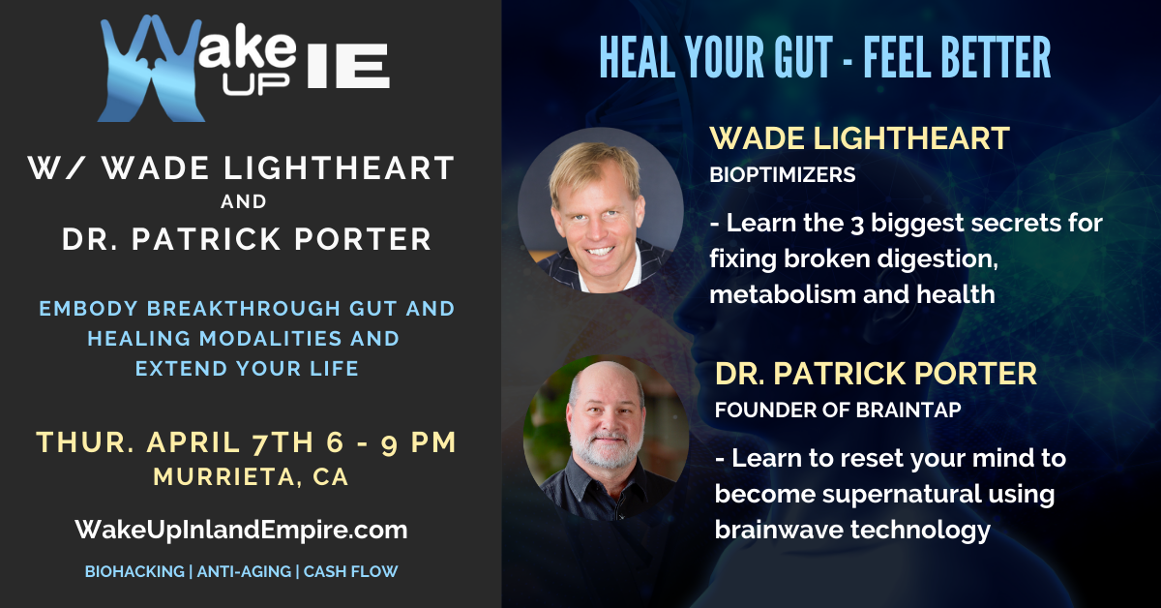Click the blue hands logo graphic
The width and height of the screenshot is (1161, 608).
click(x=150, y=69)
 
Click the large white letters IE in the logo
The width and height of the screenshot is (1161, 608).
click(x=347, y=66)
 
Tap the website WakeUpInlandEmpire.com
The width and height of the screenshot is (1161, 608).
click(x=242, y=531)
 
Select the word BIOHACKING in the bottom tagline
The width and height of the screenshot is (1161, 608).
click(x=134, y=571)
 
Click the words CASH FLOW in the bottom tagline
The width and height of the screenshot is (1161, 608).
click(x=351, y=571)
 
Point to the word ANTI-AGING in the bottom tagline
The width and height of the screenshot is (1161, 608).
click(x=244, y=571)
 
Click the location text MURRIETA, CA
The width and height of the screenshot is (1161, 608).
click(x=251, y=477)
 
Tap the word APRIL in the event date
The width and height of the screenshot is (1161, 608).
click(x=193, y=442)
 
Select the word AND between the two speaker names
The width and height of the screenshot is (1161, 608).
click(x=244, y=201)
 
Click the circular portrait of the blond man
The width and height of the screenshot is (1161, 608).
click(x=601, y=210)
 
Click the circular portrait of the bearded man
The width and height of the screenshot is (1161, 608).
click(x=606, y=439)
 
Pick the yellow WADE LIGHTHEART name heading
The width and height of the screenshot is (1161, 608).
click(x=860, y=138)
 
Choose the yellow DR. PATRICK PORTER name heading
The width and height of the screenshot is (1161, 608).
click(x=876, y=374)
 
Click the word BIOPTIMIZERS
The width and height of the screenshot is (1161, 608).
click(x=783, y=175)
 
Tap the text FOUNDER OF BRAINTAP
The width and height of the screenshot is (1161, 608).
click(x=838, y=410)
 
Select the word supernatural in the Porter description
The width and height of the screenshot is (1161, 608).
click(x=903, y=494)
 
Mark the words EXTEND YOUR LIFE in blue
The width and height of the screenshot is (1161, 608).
click(x=247, y=369)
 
